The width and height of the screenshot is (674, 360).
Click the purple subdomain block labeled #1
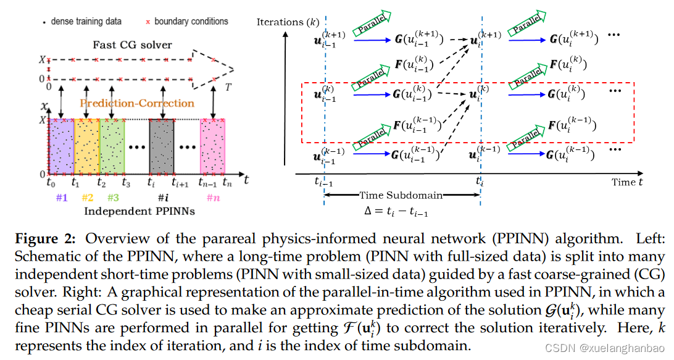coord(61,147)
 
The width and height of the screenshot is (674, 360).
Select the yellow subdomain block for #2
coord(86,147)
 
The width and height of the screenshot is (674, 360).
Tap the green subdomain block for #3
coord(112,147)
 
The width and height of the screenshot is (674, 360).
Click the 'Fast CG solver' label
coord(132,44)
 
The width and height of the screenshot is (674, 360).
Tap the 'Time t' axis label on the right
coord(627,182)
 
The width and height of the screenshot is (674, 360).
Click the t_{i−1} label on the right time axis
coord(322,182)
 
